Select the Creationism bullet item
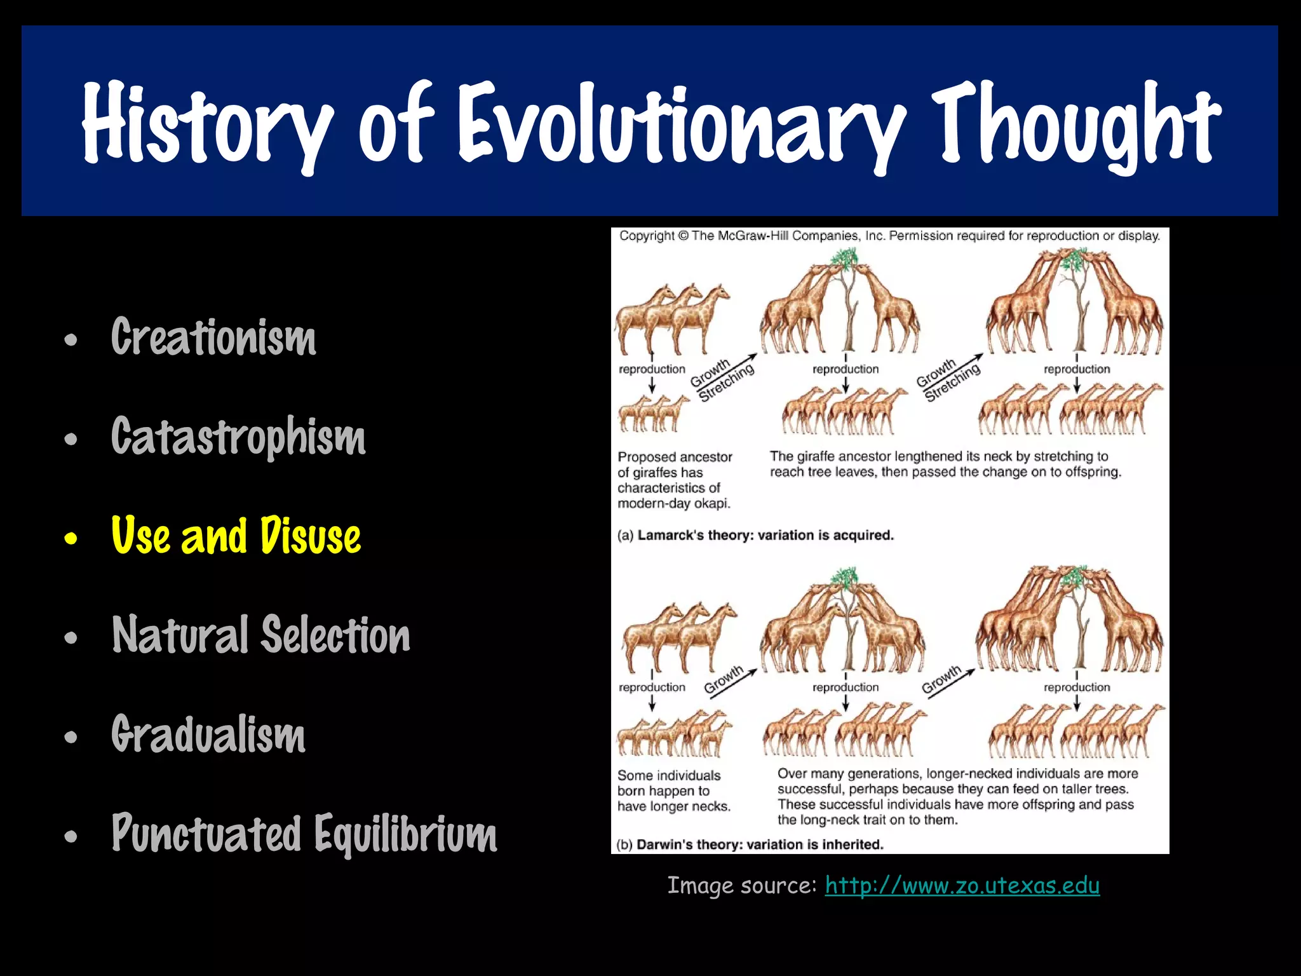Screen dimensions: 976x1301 pyautogui.click(x=213, y=337)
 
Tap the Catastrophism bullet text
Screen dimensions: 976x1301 pyautogui.click(x=238, y=437)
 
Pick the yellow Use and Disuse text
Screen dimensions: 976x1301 pyautogui.click(x=236, y=536)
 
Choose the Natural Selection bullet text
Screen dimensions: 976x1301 pyautogui.click(x=261, y=635)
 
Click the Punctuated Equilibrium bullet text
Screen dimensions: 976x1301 pyautogui.click(x=304, y=833)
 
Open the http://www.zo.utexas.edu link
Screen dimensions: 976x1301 pyautogui.click(x=962, y=885)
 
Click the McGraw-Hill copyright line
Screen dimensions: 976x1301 pyautogui.click(x=889, y=236)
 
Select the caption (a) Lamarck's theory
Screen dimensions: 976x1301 pyautogui.click(x=755, y=535)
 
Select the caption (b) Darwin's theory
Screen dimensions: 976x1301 pyautogui.click(x=750, y=844)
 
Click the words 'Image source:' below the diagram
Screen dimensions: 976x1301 pyautogui.click(x=741, y=885)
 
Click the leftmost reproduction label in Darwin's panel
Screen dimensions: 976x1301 pyautogui.click(x=652, y=687)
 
